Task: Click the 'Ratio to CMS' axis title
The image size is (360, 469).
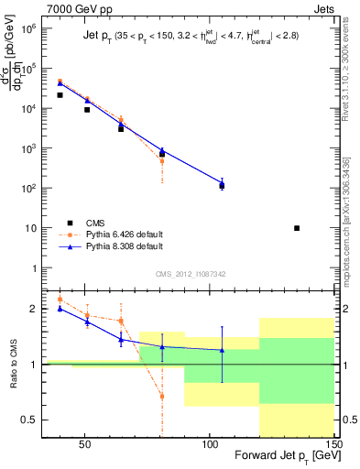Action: pyautogui.click(x=15, y=365)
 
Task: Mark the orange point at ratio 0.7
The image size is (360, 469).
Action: pyautogui.click(x=162, y=397)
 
